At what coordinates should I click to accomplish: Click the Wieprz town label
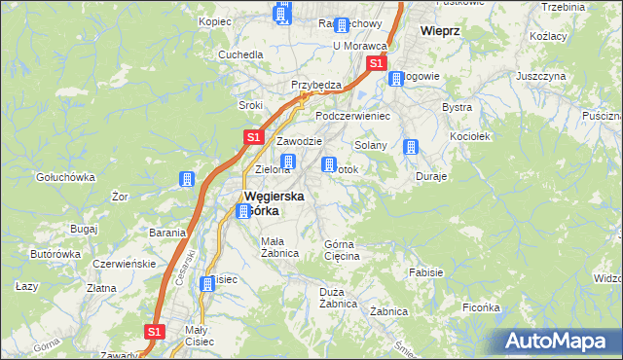coord(440,30)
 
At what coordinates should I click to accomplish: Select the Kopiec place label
coord(213,20)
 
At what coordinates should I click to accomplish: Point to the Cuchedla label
coord(241,54)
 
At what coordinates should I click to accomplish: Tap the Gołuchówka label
coord(64,177)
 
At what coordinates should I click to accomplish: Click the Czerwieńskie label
coord(124,264)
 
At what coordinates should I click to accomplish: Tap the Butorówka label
coord(55,254)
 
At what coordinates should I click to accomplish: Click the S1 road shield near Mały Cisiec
coord(154,332)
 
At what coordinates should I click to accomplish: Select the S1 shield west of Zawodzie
coord(252,138)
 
